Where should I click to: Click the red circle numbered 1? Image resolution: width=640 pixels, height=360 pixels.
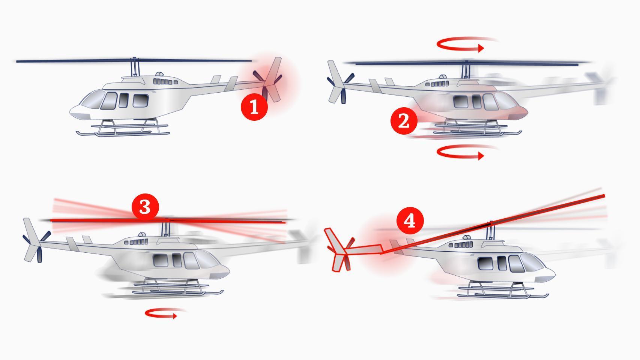(254, 107)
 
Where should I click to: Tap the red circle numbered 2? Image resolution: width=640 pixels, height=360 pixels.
(404, 121)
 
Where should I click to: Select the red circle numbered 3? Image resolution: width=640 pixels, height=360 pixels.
(145, 207)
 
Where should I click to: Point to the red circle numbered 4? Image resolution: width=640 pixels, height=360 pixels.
(410, 221)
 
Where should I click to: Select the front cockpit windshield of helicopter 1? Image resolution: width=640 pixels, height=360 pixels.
(93, 99)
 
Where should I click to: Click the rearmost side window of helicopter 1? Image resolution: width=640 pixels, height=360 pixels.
(141, 100)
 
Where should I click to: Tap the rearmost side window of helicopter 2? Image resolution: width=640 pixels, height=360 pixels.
(461, 102)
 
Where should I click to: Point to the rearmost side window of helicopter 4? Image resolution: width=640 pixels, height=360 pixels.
(485, 263)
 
